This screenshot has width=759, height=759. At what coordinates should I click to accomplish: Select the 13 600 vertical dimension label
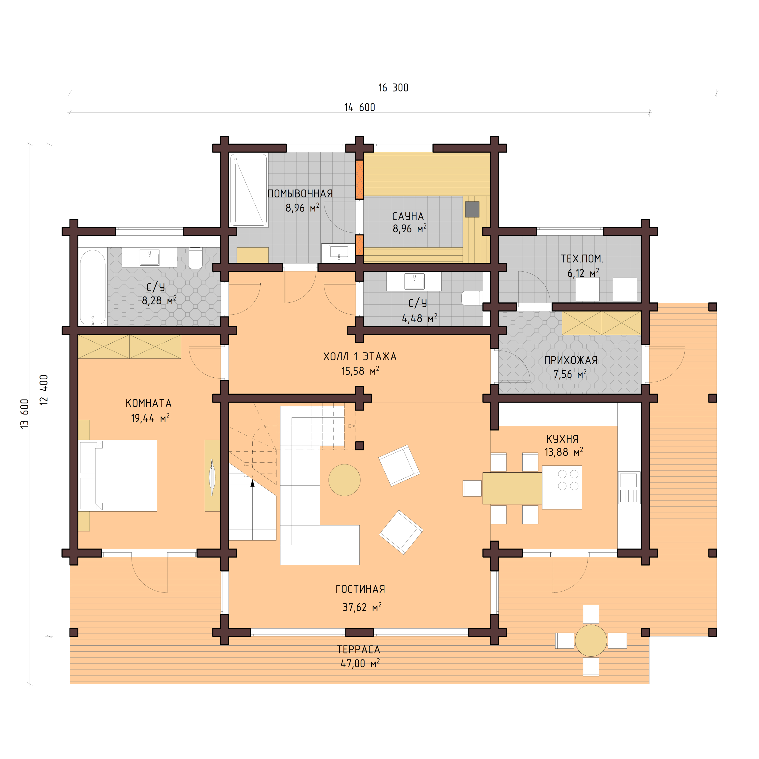click(24, 413)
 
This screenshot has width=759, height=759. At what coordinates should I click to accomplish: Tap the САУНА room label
click(408, 216)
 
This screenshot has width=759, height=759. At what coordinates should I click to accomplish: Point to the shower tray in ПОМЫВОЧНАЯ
click(248, 190)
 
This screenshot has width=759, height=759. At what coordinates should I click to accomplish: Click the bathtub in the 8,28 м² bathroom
click(93, 287)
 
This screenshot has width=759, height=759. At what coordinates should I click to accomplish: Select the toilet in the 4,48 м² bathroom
click(471, 298)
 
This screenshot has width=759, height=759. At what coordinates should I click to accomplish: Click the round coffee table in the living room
click(344, 480)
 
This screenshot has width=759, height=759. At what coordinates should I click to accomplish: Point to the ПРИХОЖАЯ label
click(570, 360)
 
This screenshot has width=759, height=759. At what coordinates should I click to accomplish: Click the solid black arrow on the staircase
click(252, 483)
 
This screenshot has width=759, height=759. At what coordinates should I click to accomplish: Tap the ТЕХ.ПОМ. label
click(581, 259)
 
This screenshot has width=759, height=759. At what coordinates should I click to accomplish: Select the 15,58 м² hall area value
click(359, 371)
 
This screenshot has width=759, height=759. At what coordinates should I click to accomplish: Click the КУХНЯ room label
click(562, 439)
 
